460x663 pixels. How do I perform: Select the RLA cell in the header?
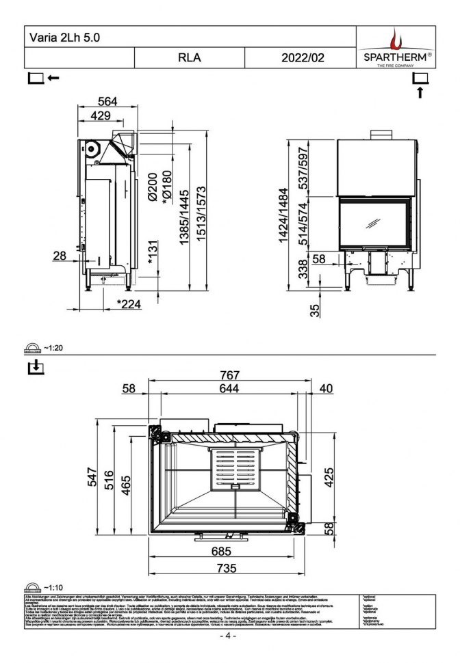190,58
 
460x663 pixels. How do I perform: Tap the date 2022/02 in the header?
303,58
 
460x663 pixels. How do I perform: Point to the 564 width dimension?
106,101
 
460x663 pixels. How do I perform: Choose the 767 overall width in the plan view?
230,375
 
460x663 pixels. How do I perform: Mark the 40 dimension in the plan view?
325,388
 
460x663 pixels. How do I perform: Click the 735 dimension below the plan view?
227,568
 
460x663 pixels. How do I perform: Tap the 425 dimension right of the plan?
329,476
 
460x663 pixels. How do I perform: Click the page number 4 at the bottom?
228,636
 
